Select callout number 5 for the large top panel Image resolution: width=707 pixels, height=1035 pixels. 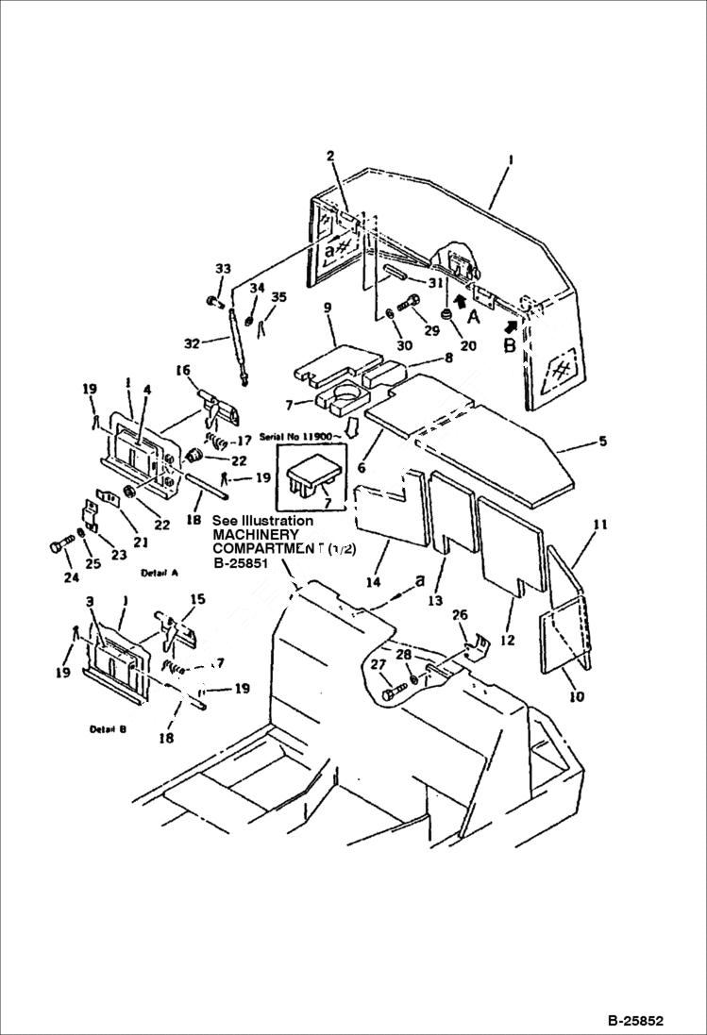point(602,441)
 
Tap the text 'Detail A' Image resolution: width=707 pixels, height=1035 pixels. point(160,573)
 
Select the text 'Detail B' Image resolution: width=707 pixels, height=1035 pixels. point(110,729)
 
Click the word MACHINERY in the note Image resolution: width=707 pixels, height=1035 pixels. point(255,535)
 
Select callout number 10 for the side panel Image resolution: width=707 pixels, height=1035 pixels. point(576,697)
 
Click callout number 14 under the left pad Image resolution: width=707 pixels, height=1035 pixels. point(375,582)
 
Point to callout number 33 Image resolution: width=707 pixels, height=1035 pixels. point(222,270)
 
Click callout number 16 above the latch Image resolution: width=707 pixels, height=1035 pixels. point(183,371)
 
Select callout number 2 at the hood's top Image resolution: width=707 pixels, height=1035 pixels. point(330,155)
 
